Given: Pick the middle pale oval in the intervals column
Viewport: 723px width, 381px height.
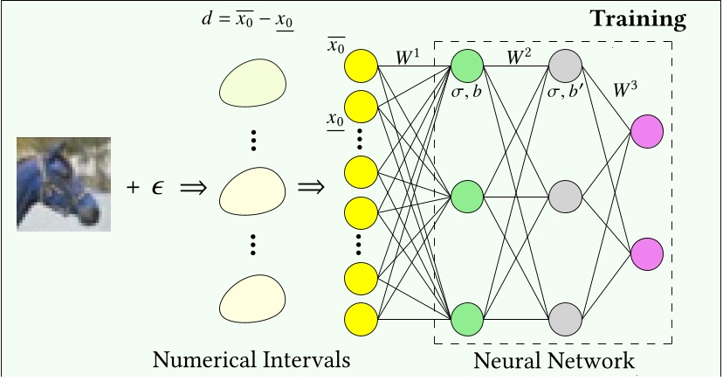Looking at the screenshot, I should [252, 189].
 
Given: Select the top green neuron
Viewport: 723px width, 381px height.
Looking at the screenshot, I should [467, 66].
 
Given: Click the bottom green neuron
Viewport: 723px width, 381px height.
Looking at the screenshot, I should [467, 316].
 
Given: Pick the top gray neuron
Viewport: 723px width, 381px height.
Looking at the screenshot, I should [566, 66].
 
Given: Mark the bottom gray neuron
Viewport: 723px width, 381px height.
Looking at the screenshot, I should [566, 316].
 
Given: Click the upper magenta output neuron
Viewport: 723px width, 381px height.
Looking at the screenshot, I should [647, 130].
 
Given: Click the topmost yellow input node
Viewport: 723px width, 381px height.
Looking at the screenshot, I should [361, 66].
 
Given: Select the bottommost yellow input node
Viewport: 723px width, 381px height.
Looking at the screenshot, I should [361, 318].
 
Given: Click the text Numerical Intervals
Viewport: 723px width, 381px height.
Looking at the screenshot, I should [251, 359].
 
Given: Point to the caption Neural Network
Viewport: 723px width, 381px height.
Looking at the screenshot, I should [554, 359].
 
